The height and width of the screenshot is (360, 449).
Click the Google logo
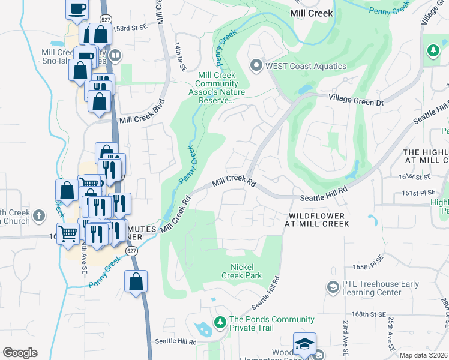20,352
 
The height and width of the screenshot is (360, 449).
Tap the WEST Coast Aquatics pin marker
256,65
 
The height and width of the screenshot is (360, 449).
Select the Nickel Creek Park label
246,271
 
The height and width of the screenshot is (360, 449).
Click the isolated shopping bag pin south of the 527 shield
136,281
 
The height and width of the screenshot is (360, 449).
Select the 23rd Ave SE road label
345,336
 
